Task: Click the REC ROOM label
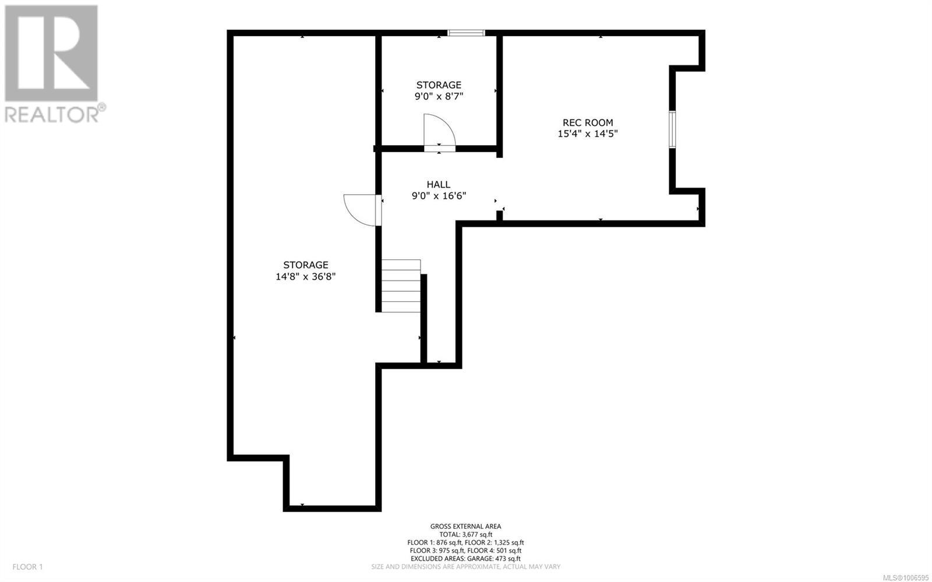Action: [x=588, y=122]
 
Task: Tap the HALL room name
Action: [x=439, y=184]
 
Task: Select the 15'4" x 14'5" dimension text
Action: [x=588, y=133]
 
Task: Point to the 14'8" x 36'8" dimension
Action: [x=305, y=276]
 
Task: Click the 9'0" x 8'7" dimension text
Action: [x=439, y=97]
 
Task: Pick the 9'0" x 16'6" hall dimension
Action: [x=439, y=196]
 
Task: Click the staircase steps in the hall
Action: [x=401, y=285]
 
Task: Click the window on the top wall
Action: [x=466, y=33]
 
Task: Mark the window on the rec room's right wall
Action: [x=672, y=129]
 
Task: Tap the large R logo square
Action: [x=51, y=53]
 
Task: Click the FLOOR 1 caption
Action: [x=27, y=567]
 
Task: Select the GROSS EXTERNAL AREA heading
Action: [x=465, y=526]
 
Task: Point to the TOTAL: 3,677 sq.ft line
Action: [x=465, y=535]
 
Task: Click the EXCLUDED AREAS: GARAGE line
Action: [x=465, y=559]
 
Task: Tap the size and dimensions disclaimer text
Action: [x=465, y=567]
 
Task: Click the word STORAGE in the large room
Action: [x=306, y=265]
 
